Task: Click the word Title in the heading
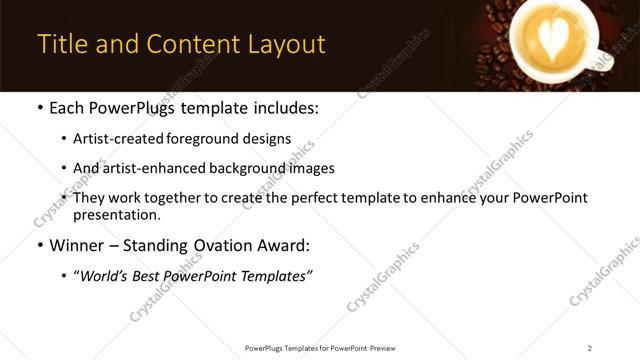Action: click(61, 45)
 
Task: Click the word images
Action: click(311, 168)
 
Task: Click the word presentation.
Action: click(116, 214)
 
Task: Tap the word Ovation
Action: click(230, 244)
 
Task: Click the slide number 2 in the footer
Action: click(590, 348)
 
